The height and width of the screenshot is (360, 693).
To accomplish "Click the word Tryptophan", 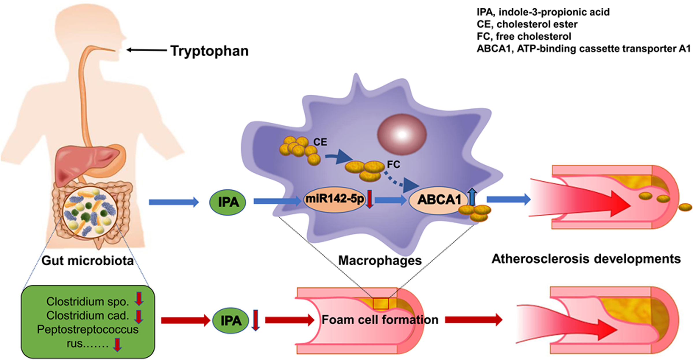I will [209, 51].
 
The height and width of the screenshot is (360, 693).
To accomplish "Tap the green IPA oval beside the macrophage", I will [228, 202].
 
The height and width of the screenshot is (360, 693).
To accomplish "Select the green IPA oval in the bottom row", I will [231, 320].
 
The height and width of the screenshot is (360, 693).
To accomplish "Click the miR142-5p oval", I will [334, 199].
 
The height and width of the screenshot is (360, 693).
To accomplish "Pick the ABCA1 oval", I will [439, 200].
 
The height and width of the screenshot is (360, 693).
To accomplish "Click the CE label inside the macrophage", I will [320, 142].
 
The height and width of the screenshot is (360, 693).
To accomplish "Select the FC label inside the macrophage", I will [393, 165].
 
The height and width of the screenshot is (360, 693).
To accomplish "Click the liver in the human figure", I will [87, 162].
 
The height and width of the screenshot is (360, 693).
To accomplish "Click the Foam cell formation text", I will [380, 320].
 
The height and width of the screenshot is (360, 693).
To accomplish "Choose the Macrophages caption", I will [380, 260].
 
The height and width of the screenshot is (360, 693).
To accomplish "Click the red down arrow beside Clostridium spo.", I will [139, 299].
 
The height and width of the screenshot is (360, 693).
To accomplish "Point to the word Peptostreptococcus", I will [88, 329].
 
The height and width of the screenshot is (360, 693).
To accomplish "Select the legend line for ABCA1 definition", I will [583, 49].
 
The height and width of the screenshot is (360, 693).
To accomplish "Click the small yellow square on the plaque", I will [381, 304].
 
